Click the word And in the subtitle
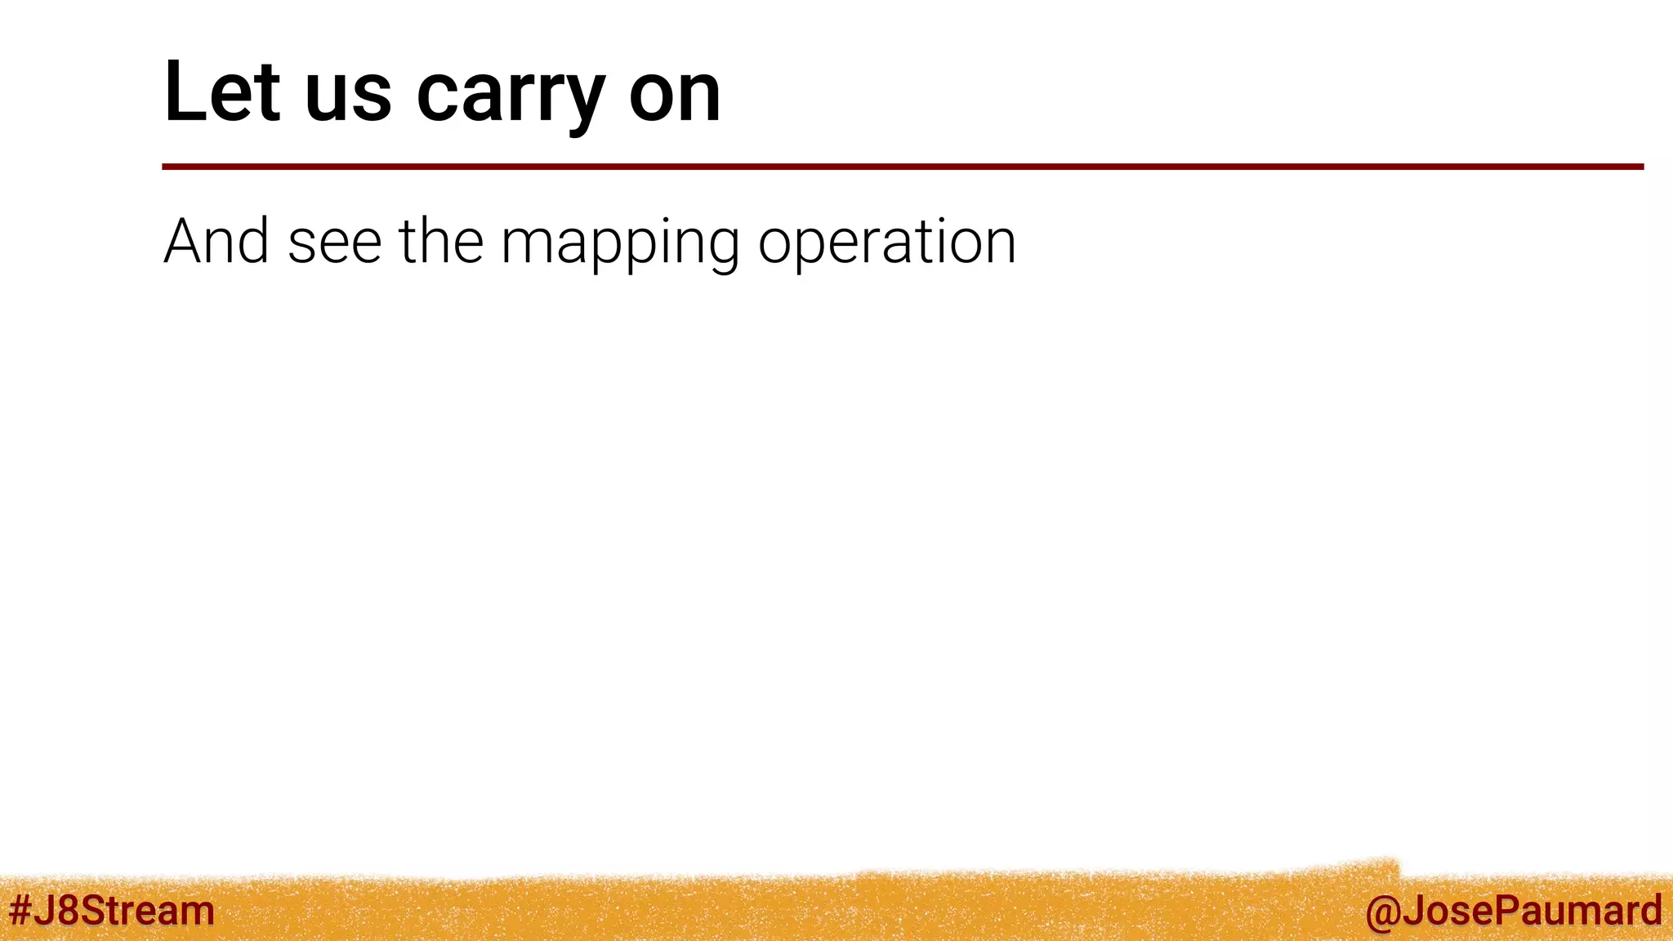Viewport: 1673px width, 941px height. click(x=216, y=242)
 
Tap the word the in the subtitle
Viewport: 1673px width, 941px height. click(x=441, y=242)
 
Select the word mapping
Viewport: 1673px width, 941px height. click(x=620, y=245)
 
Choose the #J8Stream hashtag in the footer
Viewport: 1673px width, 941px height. click(x=112, y=911)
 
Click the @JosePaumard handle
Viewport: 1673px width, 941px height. click(x=1513, y=911)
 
